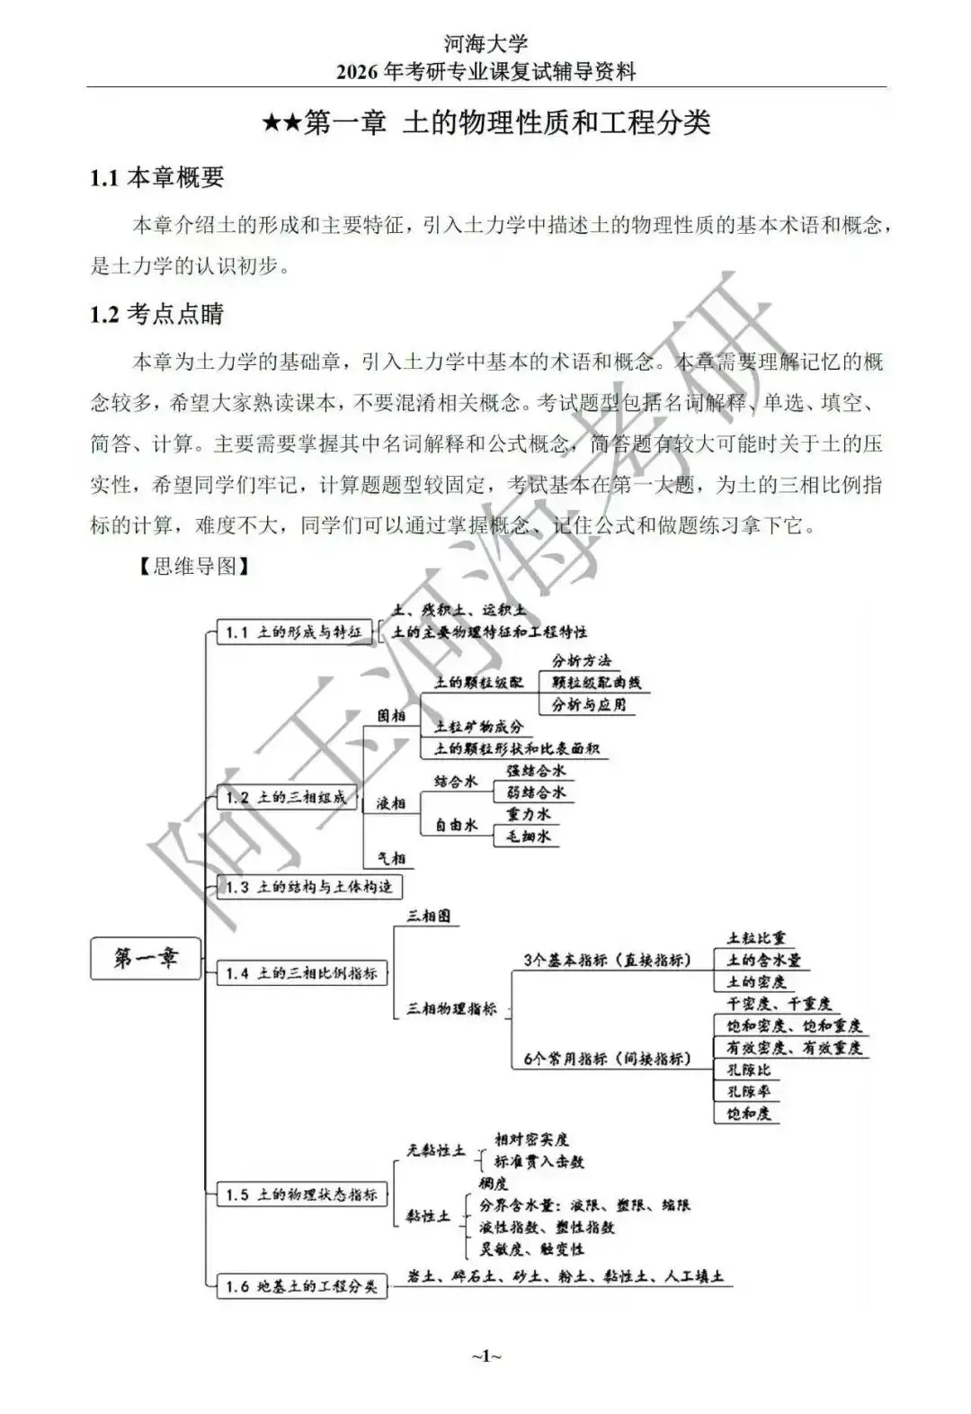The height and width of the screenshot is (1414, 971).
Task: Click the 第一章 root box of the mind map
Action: [x=146, y=958]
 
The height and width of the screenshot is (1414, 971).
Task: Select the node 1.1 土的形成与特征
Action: [x=293, y=632]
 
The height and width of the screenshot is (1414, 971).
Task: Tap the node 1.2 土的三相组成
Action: [x=287, y=798]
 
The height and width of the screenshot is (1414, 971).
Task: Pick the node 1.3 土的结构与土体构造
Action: [x=309, y=887]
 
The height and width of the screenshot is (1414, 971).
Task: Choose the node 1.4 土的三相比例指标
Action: [x=302, y=973]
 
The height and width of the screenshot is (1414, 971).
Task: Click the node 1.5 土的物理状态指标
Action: [x=302, y=1195]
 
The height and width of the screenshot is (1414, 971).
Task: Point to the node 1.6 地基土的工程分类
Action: [x=302, y=1286]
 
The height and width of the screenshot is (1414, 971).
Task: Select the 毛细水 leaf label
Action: [x=529, y=837]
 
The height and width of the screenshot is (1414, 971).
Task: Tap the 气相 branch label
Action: [x=391, y=858]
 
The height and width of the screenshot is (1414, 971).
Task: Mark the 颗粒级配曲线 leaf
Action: [x=596, y=683]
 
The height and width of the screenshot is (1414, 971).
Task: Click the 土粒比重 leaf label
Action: [x=756, y=938]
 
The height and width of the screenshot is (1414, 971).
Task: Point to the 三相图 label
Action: [x=429, y=917]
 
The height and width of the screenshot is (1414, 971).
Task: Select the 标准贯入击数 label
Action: [x=539, y=1161]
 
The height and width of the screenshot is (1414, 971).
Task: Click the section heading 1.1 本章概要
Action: [x=157, y=177]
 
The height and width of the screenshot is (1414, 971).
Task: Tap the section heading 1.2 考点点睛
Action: [x=157, y=314]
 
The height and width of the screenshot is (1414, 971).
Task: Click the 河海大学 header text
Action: [x=485, y=42]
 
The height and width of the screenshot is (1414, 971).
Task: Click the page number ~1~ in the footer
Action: [x=485, y=1356]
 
